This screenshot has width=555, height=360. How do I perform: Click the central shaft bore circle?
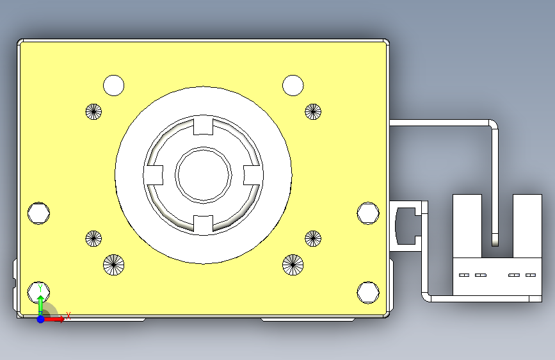[204, 175]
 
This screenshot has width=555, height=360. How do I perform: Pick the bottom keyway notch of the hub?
[203, 224]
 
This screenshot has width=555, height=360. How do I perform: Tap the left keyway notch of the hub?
[154, 174]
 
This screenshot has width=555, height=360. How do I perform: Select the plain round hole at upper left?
[114, 85]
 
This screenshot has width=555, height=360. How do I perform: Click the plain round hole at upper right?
[293, 85]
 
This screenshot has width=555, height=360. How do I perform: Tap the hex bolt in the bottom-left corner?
[39, 291]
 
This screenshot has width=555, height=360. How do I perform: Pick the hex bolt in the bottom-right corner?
[368, 291]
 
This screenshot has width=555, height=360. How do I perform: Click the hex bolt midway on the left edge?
[39, 213]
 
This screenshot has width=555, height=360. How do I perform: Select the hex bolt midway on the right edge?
[368, 213]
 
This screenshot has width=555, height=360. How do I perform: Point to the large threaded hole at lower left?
[114, 264]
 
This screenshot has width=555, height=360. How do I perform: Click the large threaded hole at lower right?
[293, 264]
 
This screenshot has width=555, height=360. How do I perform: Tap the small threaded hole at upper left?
[94, 111]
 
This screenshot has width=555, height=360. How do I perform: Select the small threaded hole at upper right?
[312, 111]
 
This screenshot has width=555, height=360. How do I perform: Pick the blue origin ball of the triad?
[40, 318]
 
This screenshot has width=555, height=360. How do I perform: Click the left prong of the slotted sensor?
[467, 224]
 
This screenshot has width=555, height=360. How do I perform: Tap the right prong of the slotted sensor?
[528, 224]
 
